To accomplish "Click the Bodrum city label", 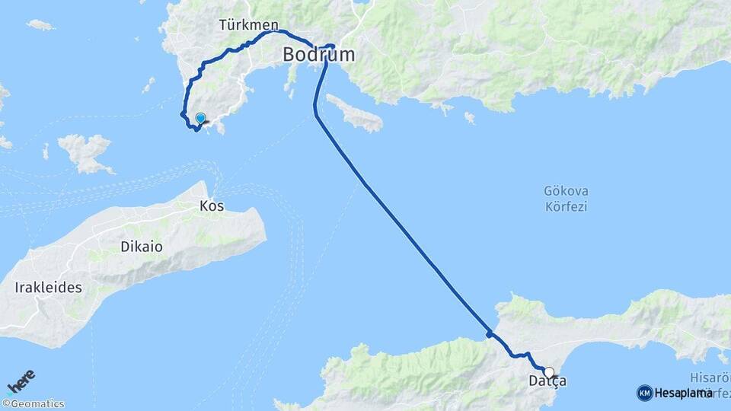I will click(x=318, y=55).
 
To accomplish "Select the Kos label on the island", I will click(x=212, y=205).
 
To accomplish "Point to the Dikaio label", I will click(x=141, y=247).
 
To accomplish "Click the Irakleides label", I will click(x=47, y=288).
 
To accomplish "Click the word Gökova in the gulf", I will click(x=567, y=191).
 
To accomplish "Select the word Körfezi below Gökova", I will click(x=567, y=206).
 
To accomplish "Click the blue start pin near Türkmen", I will click(x=200, y=119).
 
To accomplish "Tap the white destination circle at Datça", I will click(x=548, y=373).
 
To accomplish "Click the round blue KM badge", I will click(x=644, y=393).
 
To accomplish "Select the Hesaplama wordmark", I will click(x=683, y=393).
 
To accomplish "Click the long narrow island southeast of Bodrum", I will click(x=353, y=113).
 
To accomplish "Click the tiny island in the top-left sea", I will click(x=40, y=25).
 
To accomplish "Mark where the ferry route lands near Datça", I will click(x=490, y=334).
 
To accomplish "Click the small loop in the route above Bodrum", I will click(x=331, y=46).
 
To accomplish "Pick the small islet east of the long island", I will click(x=470, y=118).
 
